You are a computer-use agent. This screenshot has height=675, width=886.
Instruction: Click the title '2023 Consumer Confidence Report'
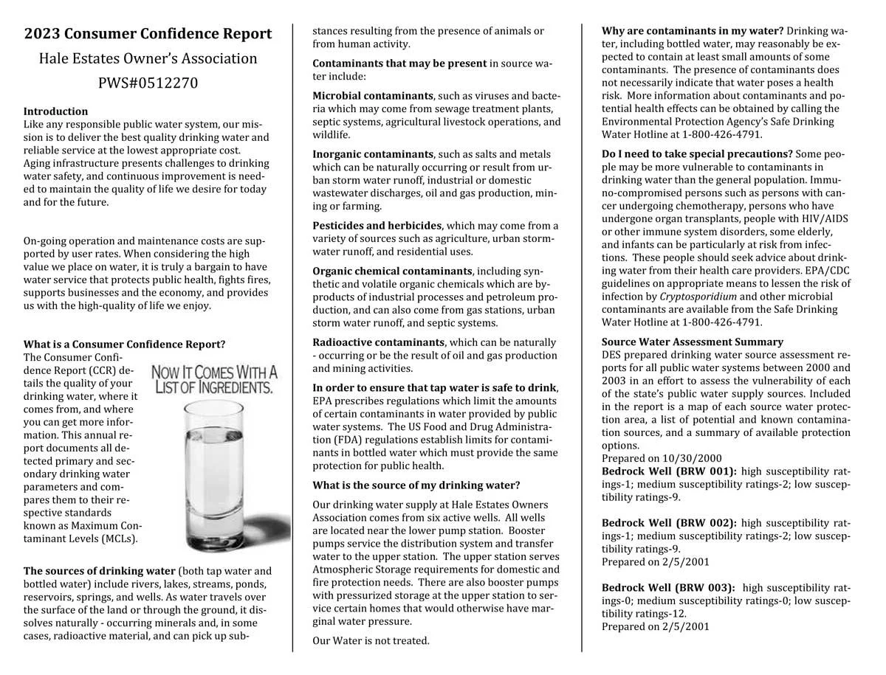148,34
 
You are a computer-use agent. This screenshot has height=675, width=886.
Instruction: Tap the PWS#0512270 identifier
148,83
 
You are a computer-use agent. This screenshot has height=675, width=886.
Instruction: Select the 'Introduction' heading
55,111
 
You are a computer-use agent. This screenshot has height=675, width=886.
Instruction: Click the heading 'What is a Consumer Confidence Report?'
124,345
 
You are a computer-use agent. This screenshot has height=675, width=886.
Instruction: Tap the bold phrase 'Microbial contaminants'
372,96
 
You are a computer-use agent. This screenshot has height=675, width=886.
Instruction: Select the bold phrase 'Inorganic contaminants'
372,154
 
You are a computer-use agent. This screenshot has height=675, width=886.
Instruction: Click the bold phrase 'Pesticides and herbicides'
377,226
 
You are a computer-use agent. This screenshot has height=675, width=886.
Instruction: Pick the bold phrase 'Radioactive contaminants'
377,342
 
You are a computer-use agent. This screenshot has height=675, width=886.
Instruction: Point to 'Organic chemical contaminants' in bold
392,271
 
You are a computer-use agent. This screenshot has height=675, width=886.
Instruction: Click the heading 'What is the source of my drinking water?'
416,485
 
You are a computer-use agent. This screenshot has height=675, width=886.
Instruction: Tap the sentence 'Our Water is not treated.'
371,640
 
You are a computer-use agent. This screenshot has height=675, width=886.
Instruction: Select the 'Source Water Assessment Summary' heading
692,342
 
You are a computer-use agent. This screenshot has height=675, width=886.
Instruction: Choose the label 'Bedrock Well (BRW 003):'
668,588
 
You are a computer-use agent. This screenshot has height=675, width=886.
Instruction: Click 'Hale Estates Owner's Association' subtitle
148,58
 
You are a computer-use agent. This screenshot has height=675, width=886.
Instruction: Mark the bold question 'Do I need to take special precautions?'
697,154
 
